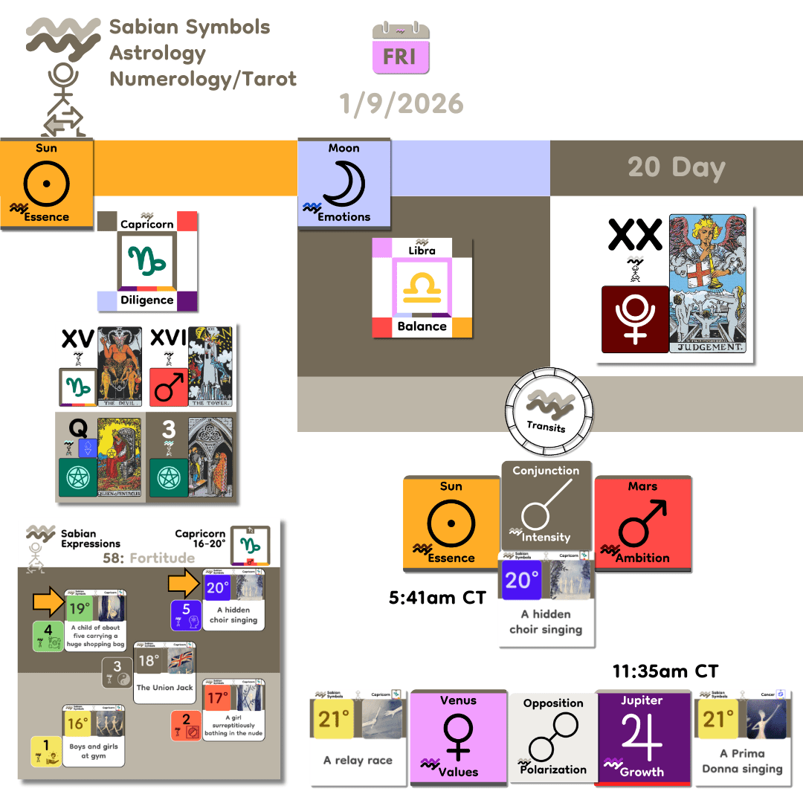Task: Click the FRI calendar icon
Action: pos(401,49)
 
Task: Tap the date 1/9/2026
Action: pos(401,103)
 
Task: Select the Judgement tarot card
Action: pos(707,284)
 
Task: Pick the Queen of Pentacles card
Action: pos(119,457)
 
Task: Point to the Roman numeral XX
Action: pos(634,235)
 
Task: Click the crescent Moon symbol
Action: pos(343,183)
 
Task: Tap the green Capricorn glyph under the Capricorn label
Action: pos(146,260)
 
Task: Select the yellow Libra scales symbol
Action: pos(422,288)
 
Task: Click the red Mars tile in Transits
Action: pos(643,523)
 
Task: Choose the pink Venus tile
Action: pos(459,737)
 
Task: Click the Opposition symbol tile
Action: pos(552,737)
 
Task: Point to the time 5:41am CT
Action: pos(438,597)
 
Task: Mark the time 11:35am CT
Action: pos(665,671)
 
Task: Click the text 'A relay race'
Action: pos(358,761)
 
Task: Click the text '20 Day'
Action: pos(676,167)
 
